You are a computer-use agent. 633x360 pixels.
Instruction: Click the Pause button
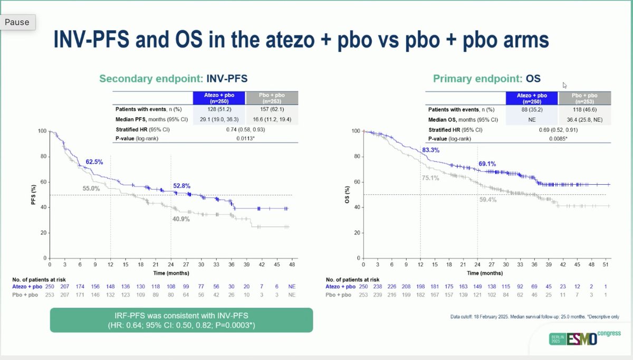17,23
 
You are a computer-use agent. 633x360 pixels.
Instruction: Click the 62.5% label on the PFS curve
91,162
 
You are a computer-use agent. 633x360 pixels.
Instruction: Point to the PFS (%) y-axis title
34,194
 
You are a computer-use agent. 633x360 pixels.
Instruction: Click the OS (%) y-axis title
347,194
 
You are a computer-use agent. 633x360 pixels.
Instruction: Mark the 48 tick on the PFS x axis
292,264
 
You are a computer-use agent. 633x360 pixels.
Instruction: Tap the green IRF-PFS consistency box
181,320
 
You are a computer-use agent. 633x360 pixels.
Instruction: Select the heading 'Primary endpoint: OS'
487,79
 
